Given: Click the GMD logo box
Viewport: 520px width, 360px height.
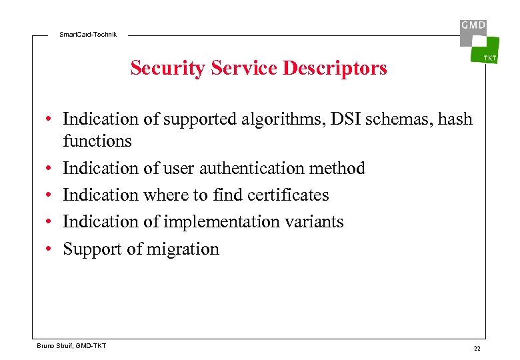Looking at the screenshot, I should pos(473,27).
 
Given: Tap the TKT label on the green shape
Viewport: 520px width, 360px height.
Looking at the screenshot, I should pos(489,58).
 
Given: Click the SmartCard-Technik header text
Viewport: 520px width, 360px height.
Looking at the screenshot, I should pos(88,34).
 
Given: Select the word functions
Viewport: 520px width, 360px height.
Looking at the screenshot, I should pos(97,141).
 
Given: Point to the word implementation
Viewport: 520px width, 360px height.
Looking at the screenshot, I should pos(215,221).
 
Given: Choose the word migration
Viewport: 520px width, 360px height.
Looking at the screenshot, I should pos(181,249).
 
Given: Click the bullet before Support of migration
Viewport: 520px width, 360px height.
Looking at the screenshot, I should pos(49,249).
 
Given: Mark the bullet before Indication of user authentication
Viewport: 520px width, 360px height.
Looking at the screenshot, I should pos(49,169).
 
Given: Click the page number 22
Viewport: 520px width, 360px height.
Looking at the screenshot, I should pos(477,349).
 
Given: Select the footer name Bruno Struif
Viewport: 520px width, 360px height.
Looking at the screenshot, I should pos(57,345).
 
